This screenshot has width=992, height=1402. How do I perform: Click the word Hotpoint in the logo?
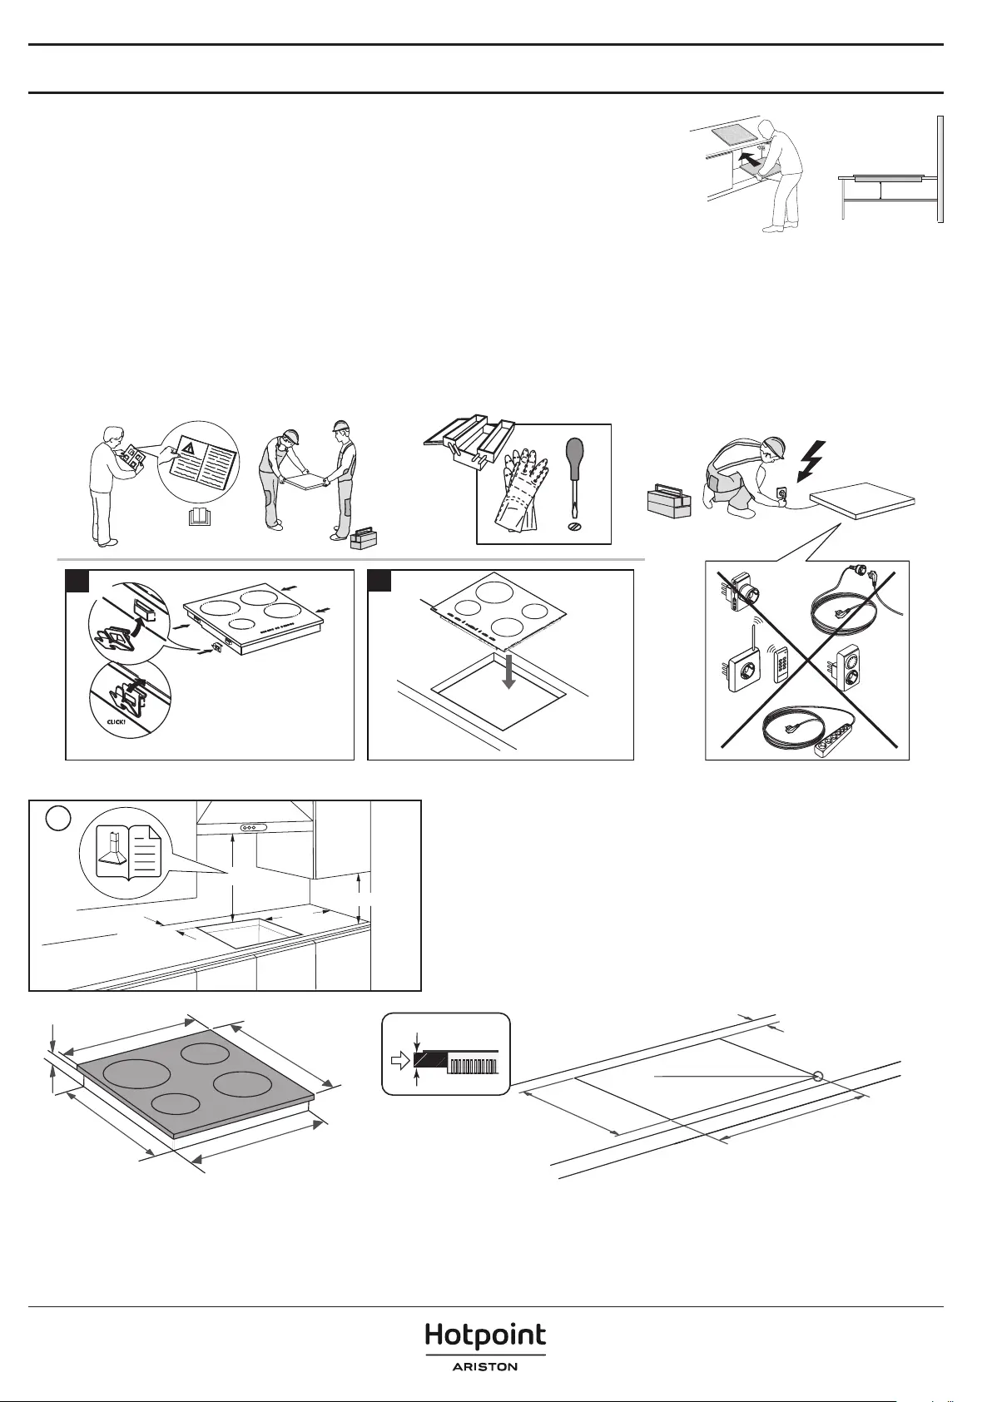coord(486,1336)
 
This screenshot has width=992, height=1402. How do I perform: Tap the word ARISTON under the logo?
coord(485,1368)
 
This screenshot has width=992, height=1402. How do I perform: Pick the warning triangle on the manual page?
coord(187,448)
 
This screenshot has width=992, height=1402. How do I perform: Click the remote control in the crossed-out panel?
coord(781,663)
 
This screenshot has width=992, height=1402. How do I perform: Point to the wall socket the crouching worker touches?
coord(781,493)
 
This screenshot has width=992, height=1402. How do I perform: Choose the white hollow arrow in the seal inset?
coord(399,1060)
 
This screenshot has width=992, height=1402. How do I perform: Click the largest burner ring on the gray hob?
coord(137,1075)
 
